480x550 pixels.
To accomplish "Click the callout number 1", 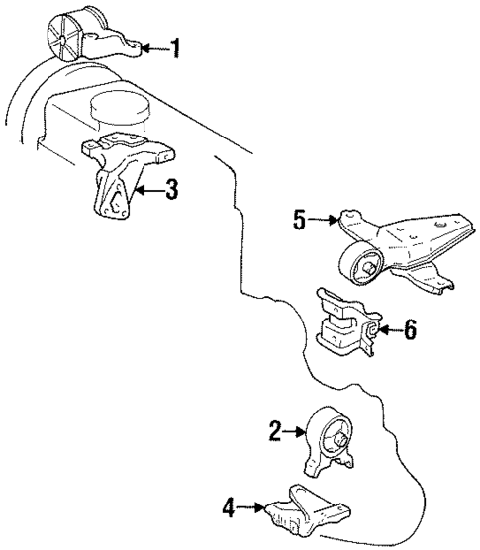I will click(175, 47).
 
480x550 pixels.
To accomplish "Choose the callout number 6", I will click(409, 329).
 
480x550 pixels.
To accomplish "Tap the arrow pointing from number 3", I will click(149, 189).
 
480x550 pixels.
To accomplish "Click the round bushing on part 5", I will click(361, 265).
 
